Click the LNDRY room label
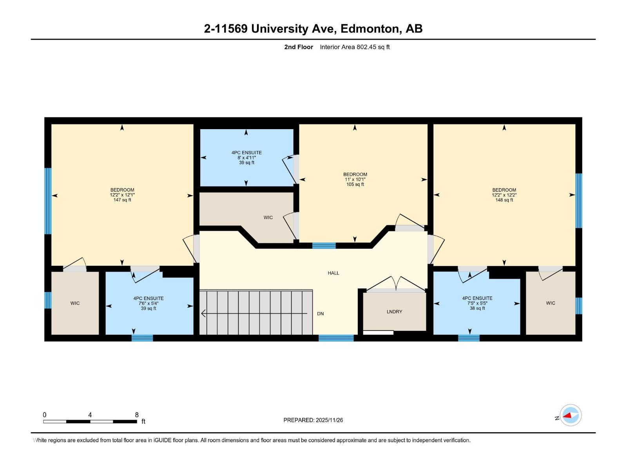(x=394, y=312)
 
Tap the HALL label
(x=333, y=273)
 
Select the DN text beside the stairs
(x=320, y=314)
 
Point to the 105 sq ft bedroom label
(x=355, y=174)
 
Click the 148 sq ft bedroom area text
(x=504, y=200)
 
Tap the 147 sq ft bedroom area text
(x=122, y=200)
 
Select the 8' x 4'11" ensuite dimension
(x=246, y=158)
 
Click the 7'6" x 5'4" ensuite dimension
(x=149, y=303)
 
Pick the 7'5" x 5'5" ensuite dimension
(x=477, y=303)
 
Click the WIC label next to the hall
(x=268, y=217)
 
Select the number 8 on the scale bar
(x=137, y=415)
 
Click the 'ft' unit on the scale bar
(x=143, y=422)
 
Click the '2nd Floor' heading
(x=299, y=47)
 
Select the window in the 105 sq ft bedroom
(x=324, y=246)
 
